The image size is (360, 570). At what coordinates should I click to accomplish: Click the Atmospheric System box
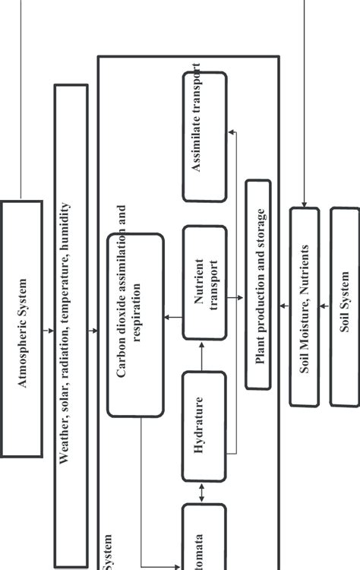21,329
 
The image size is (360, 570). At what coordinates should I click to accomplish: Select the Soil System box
344,305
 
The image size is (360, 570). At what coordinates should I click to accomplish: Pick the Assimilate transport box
204,137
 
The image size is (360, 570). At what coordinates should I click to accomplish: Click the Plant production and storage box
258,284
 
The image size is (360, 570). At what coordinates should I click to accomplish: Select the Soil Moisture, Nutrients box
304,305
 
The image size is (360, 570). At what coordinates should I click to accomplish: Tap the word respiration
137,312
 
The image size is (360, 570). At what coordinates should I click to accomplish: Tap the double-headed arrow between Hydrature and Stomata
203,492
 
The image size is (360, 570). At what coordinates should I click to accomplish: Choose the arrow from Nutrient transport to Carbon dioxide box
173,317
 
